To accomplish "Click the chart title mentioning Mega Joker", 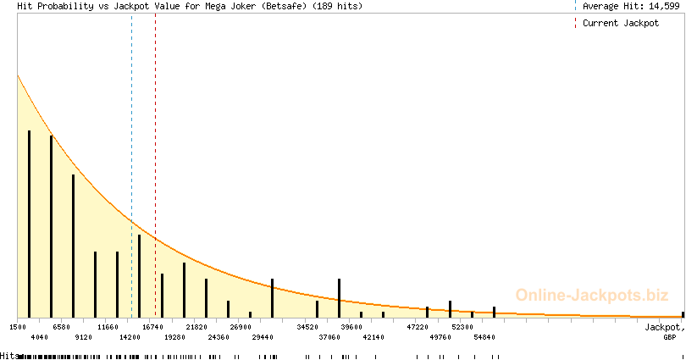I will click(190, 7).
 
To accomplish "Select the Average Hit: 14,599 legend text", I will click(631, 7).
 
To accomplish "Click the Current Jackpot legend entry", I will click(620, 24).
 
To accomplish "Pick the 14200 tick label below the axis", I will click(130, 337).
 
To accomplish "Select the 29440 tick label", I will click(263, 337).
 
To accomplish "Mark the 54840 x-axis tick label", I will click(484, 337).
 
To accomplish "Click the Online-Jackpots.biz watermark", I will click(587, 296).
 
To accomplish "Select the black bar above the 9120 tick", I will click(73, 246).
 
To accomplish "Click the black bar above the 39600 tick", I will click(339, 297).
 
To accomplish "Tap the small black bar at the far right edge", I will click(683, 314).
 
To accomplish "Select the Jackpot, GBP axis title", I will click(664, 331).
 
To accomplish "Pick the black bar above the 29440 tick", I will click(272, 297).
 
